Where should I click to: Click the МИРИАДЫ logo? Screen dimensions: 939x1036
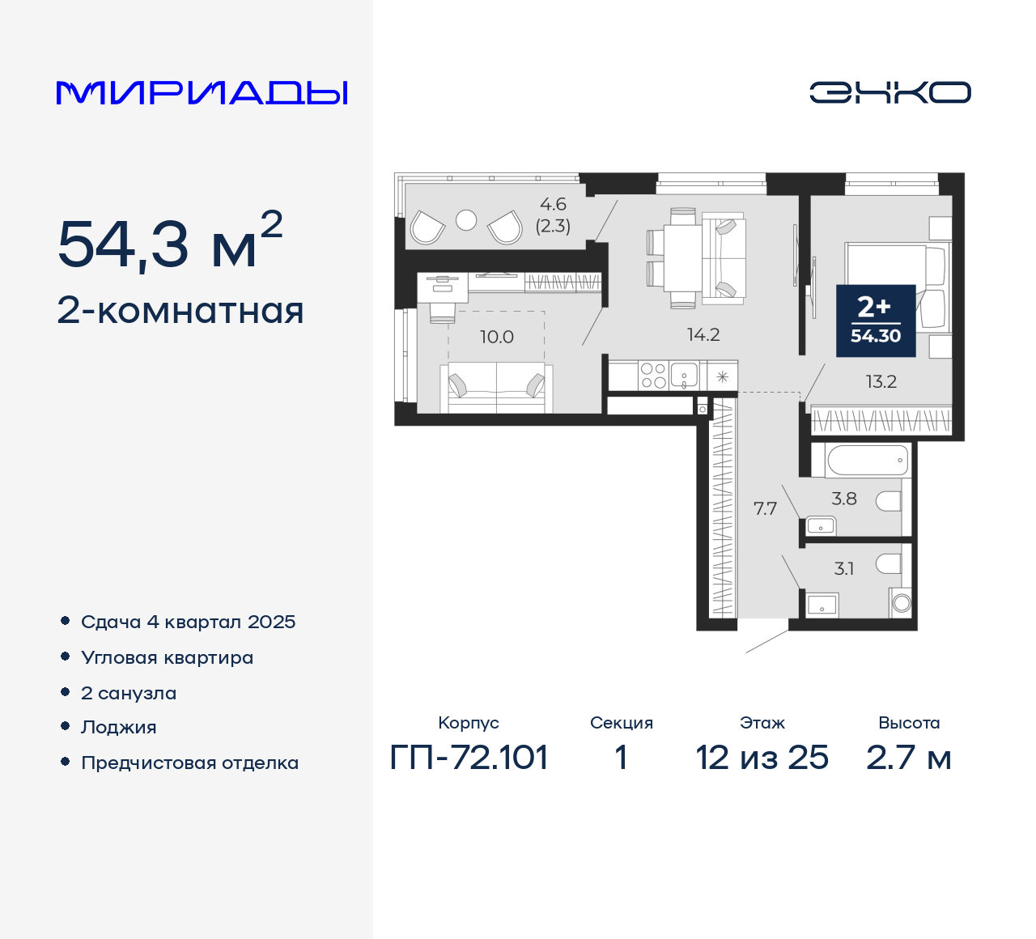(x=202, y=92)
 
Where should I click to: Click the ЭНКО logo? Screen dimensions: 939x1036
(x=890, y=92)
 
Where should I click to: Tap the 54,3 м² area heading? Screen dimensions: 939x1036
(x=170, y=242)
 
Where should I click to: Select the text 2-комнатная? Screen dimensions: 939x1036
(x=180, y=311)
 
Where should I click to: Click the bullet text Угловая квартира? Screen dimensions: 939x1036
(x=167, y=657)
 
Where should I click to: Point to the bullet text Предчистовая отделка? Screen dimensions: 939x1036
(x=189, y=763)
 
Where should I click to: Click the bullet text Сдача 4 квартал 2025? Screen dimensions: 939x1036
(x=188, y=622)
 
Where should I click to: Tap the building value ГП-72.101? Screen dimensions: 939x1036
(x=469, y=758)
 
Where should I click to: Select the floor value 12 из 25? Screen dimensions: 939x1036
(x=762, y=758)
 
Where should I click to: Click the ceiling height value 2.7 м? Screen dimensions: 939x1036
(x=908, y=758)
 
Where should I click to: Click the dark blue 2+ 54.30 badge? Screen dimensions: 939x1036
(x=876, y=321)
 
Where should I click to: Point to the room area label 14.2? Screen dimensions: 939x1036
(x=703, y=334)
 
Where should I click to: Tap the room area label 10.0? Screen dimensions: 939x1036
(x=496, y=337)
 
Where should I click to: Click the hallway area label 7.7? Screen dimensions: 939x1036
(x=765, y=508)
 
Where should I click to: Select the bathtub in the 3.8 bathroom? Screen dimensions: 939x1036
(x=867, y=461)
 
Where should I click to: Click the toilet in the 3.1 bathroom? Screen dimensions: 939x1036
(x=889, y=563)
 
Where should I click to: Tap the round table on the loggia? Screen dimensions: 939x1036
(x=466, y=220)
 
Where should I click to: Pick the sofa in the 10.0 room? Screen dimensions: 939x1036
(x=496, y=387)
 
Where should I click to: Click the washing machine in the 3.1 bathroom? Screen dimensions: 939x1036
(x=901, y=603)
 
